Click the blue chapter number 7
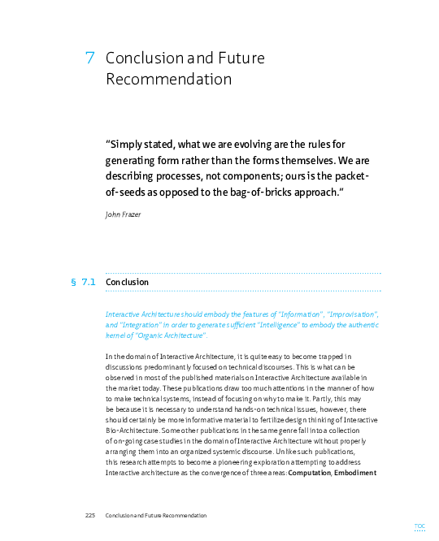click(90, 58)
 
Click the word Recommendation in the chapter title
click(168, 80)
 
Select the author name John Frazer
click(124, 214)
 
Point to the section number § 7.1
click(84, 282)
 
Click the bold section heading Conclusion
click(127, 282)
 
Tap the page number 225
click(90, 516)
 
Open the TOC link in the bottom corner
click(419, 526)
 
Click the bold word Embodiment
click(355, 473)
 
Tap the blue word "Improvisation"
click(350, 314)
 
